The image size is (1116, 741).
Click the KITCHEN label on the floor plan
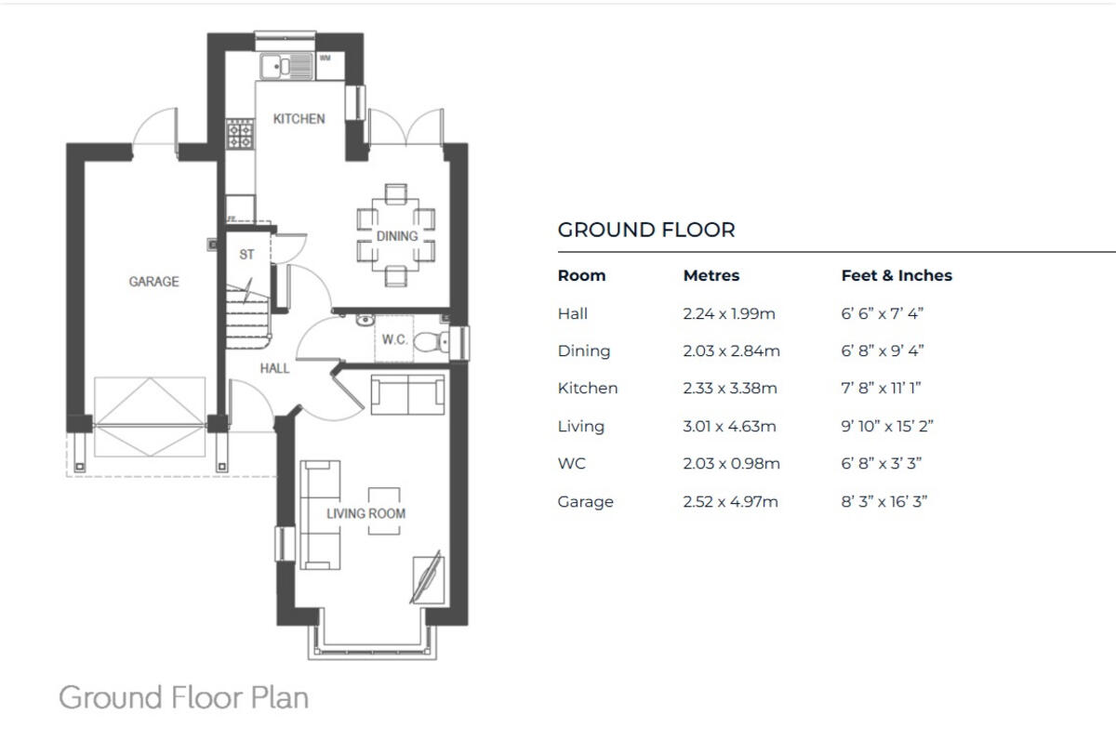point(299,119)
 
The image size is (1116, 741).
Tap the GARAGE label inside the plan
point(153,282)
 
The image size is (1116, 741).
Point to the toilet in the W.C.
point(429,341)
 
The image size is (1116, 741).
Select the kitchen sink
point(277,65)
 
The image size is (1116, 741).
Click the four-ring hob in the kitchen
point(240,136)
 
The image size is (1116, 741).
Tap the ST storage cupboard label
point(246,254)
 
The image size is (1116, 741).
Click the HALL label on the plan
point(274,368)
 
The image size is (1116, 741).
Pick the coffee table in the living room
point(386,510)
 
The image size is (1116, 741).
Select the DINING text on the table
point(397,236)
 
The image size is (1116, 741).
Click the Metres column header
point(711,275)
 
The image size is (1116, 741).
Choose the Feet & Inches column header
point(897,275)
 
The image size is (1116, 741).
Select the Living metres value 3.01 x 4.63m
point(730,427)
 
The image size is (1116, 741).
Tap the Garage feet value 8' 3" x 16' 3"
point(884,502)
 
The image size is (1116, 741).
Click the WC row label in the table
point(572,464)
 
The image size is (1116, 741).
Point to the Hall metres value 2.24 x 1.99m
point(728,314)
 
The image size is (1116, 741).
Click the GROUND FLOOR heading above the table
point(646,230)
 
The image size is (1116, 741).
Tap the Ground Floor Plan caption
point(183,697)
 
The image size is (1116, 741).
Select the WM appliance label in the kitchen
point(325,58)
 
